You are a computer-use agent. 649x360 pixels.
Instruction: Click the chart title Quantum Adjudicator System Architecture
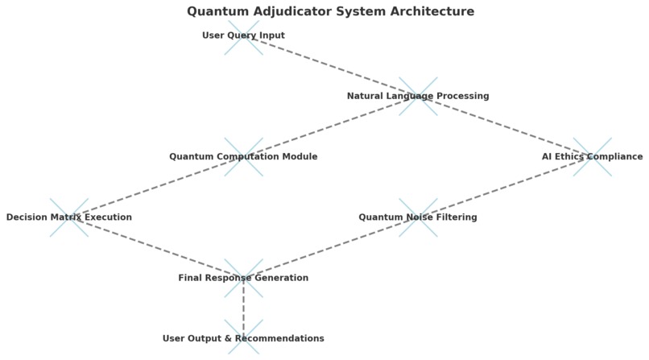(330, 11)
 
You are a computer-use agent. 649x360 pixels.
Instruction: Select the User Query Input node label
(243, 35)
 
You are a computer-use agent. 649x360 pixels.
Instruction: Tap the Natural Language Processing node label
(418, 96)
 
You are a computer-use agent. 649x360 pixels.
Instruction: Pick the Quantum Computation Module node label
(243, 157)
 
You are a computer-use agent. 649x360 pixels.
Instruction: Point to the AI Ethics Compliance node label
(592, 157)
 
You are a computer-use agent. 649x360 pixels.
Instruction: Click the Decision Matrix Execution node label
(69, 217)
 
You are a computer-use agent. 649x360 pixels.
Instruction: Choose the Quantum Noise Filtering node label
(418, 217)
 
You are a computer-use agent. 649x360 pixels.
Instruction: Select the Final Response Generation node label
(243, 278)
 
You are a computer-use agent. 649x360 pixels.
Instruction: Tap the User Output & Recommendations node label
(243, 339)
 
